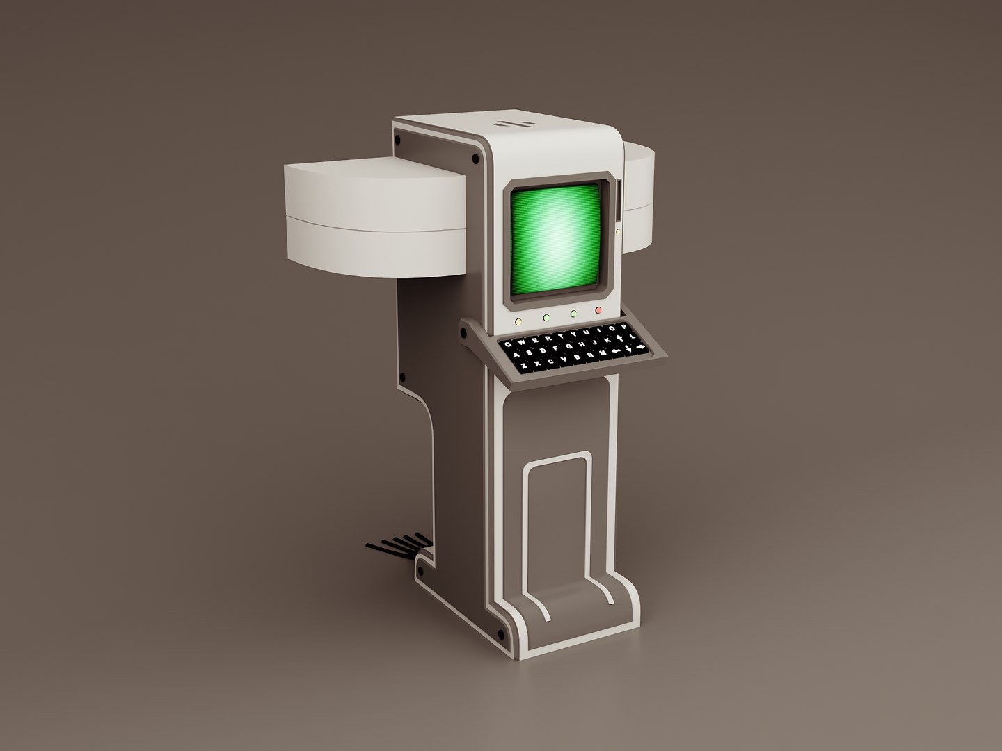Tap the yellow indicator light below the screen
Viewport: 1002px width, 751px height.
pos(518,321)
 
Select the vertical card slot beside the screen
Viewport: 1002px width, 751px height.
pos(617,201)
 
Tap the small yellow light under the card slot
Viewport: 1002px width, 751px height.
pos(617,231)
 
